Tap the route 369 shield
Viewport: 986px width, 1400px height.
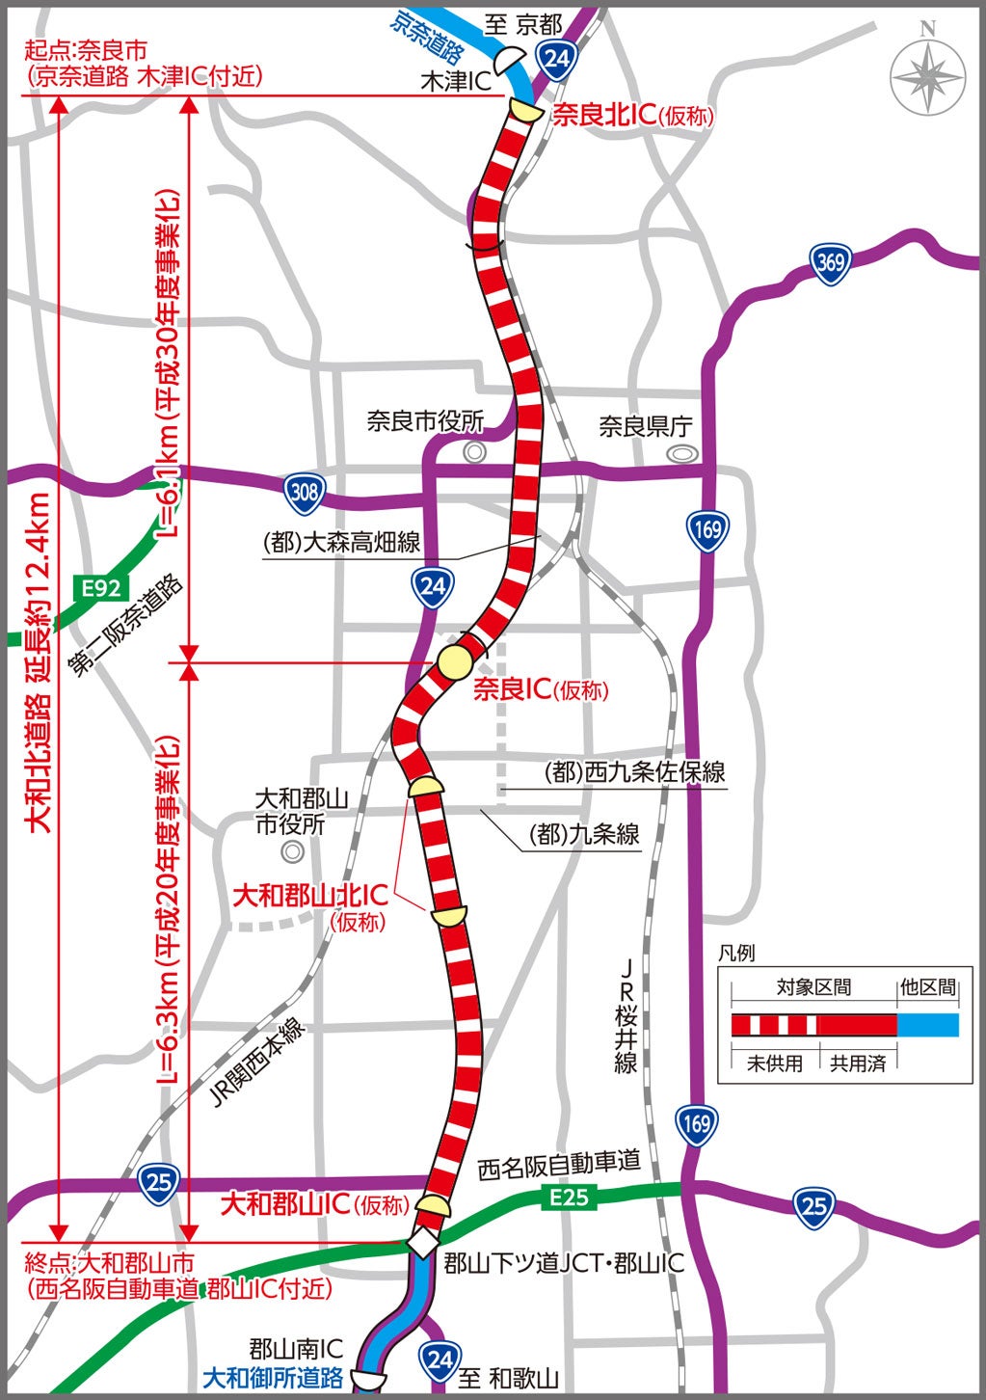click(x=829, y=262)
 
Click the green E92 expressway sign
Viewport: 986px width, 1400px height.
click(x=100, y=587)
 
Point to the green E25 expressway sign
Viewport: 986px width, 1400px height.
click(x=569, y=1198)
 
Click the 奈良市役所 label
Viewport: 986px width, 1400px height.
click(x=425, y=421)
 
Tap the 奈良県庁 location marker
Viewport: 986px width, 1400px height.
click(x=683, y=452)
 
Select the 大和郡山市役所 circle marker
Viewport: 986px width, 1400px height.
click(x=291, y=852)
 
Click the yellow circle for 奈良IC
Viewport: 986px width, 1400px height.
click(x=455, y=663)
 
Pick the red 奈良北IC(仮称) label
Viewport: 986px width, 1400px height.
click(x=632, y=116)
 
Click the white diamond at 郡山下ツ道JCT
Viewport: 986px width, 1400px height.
click(x=423, y=1242)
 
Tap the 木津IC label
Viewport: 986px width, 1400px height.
click(x=455, y=82)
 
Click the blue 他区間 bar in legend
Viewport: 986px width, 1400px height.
click(x=928, y=1024)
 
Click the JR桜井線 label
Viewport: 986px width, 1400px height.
click(x=626, y=1016)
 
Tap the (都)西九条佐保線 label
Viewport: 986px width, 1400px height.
click(x=634, y=772)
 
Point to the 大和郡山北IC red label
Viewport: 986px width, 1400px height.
click(x=310, y=895)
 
